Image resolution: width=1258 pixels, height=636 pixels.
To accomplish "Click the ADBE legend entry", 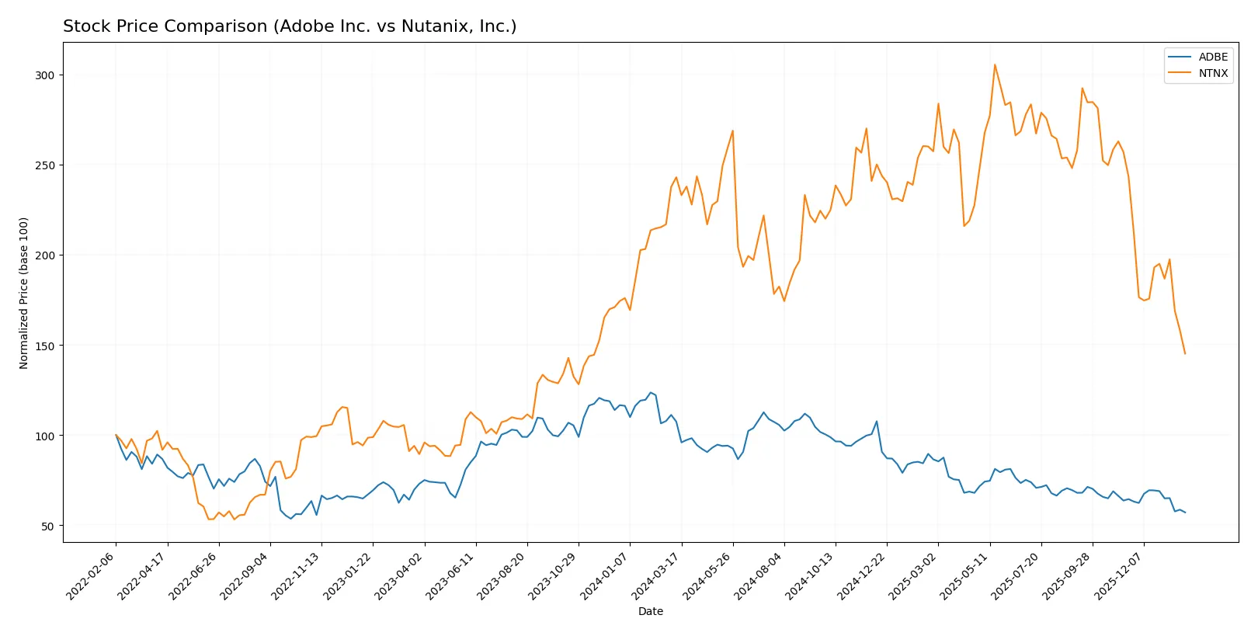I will click(1212, 57).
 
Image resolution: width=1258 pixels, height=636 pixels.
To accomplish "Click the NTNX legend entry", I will click(1212, 73).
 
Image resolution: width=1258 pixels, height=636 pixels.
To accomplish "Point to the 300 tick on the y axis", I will click(44, 75).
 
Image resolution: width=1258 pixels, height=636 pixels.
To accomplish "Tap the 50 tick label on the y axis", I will click(47, 526).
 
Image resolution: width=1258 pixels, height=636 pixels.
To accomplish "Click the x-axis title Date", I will click(650, 611).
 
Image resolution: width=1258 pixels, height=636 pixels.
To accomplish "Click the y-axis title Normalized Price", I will click(24, 293).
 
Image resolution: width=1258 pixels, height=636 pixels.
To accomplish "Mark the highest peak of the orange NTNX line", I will click(995, 64).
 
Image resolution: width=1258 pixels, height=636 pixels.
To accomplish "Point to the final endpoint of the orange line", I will click(1185, 354).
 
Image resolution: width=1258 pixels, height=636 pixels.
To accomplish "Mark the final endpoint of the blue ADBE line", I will click(1185, 513).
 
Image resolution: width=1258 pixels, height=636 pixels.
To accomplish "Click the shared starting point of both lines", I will click(116, 435).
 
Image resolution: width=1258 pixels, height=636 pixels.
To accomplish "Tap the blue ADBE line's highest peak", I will click(651, 393).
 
